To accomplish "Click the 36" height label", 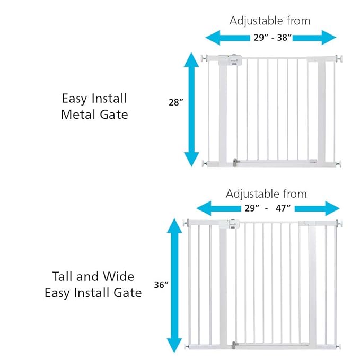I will tap(161, 285).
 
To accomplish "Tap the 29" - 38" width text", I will tap(270, 38).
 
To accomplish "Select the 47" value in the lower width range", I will tap(282, 208).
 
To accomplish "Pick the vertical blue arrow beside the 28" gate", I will tap(191, 109).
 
